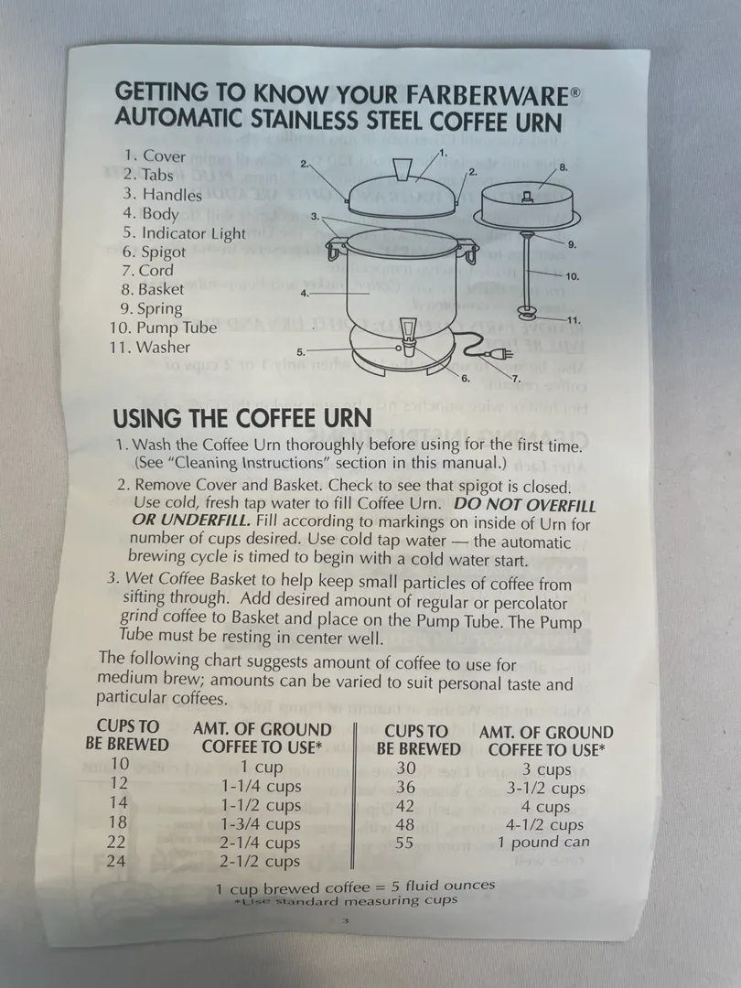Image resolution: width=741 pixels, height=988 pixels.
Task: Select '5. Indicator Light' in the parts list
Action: click(184, 233)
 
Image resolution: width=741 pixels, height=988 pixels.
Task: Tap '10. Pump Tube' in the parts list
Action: click(163, 328)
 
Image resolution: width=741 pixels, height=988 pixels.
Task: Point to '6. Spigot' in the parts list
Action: click(155, 252)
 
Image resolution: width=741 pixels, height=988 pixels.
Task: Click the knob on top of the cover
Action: click(402, 169)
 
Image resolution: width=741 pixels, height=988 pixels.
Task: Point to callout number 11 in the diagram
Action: click(574, 320)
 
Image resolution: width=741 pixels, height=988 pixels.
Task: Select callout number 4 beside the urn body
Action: click(305, 293)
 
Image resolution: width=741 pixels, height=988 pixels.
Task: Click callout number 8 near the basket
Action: click(564, 167)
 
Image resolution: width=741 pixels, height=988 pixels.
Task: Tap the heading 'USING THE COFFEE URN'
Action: click(242, 418)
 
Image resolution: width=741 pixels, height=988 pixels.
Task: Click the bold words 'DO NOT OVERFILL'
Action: click(524, 505)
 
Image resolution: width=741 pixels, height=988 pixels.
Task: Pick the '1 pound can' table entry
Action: click(543, 843)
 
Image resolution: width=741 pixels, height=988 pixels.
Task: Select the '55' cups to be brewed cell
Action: click(404, 843)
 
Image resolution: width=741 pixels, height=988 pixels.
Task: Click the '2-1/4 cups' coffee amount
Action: click(260, 843)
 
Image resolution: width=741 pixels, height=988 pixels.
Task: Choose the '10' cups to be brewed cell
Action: click(120, 764)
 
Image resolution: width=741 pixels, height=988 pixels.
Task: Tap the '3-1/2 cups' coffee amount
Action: click(545, 789)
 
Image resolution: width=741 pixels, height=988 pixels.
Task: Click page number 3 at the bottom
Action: click(345, 920)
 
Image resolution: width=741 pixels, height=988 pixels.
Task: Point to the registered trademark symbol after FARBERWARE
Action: click(575, 92)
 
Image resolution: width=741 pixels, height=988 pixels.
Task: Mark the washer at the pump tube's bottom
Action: click(528, 313)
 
